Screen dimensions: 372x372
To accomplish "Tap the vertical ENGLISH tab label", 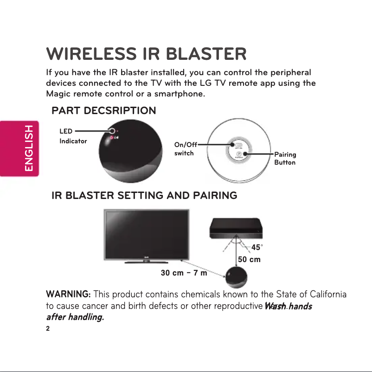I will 29,148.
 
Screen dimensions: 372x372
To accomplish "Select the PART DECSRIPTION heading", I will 103,111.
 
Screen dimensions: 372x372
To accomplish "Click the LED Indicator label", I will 73,136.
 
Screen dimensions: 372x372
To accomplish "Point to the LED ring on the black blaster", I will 112,132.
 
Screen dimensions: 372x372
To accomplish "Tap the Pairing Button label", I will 285,158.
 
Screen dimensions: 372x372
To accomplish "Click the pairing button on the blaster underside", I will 239,154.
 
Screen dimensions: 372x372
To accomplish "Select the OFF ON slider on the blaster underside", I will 238,144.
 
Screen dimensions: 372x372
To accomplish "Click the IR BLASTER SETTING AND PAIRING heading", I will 144,196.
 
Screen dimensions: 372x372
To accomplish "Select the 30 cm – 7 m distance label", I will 183,273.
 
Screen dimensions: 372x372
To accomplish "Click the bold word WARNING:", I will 68,295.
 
